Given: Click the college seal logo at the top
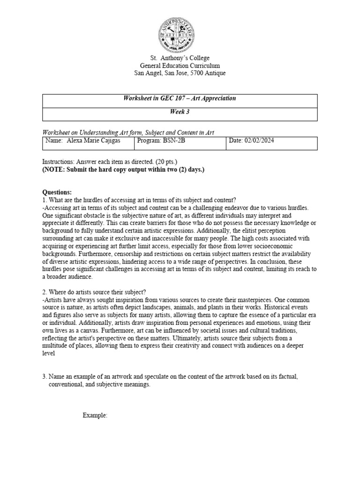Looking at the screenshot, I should [x=180, y=30].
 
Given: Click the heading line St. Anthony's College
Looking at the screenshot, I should [x=180, y=58].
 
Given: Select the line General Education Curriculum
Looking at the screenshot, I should [x=180, y=66].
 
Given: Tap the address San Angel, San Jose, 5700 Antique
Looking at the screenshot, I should [x=180, y=73].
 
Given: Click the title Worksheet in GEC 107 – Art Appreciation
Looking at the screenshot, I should [x=180, y=98].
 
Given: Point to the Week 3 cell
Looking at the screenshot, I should [x=180, y=112].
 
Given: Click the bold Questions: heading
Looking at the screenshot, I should [x=57, y=192].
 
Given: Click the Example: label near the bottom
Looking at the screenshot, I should [x=95, y=415].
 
